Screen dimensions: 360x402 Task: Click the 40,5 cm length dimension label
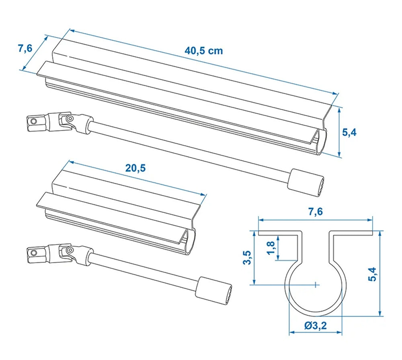click(x=203, y=51)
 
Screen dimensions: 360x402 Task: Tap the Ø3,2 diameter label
click(x=315, y=325)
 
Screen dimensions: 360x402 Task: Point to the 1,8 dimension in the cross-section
click(x=270, y=248)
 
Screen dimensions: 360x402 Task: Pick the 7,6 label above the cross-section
click(x=316, y=212)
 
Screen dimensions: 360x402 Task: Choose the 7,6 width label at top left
click(x=25, y=49)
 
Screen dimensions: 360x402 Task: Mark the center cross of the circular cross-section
click(x=316, y=284)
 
